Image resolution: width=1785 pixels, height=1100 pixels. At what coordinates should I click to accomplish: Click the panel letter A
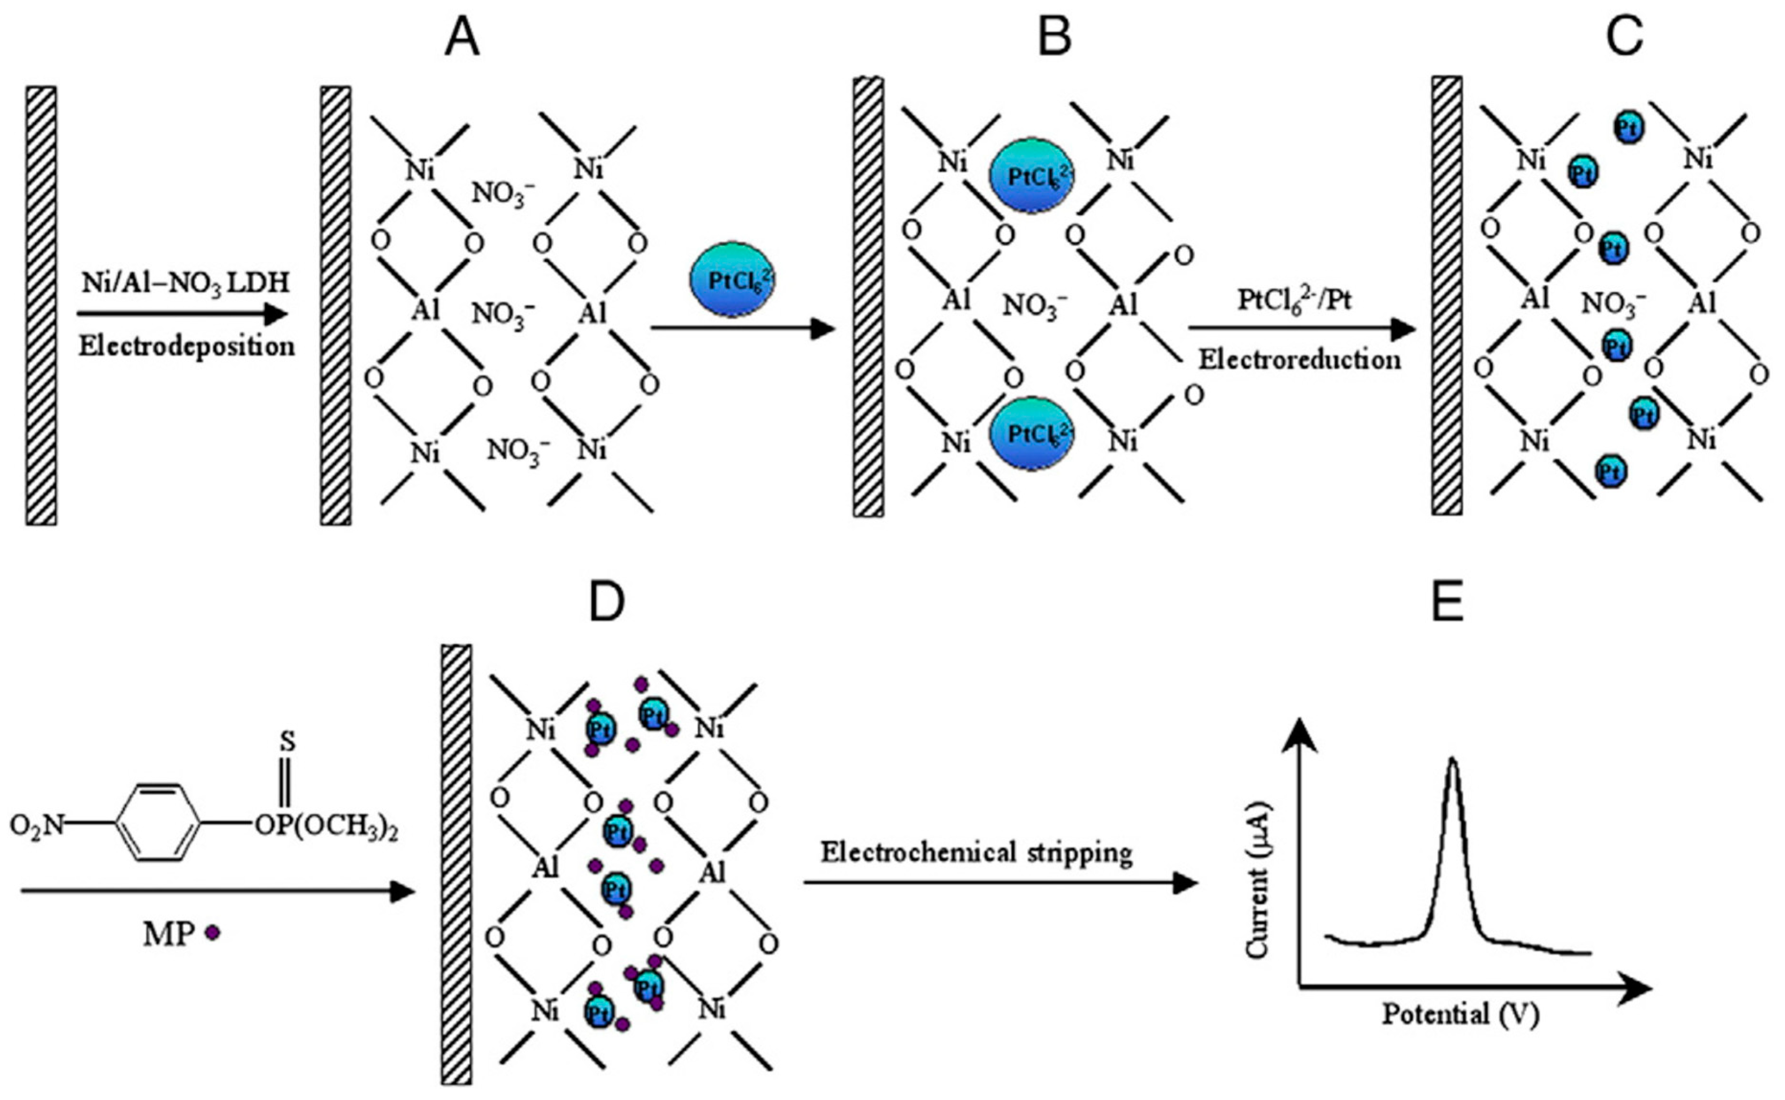462,38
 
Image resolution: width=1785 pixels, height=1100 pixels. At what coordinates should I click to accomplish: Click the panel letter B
1054,38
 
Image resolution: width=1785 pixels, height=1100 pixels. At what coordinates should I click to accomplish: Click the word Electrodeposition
187,346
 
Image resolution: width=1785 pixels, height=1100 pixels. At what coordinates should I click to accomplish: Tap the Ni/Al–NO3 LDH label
185,282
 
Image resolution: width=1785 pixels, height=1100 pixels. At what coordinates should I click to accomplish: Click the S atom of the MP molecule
288,742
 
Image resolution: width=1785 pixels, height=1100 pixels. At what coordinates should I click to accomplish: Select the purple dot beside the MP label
212,932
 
